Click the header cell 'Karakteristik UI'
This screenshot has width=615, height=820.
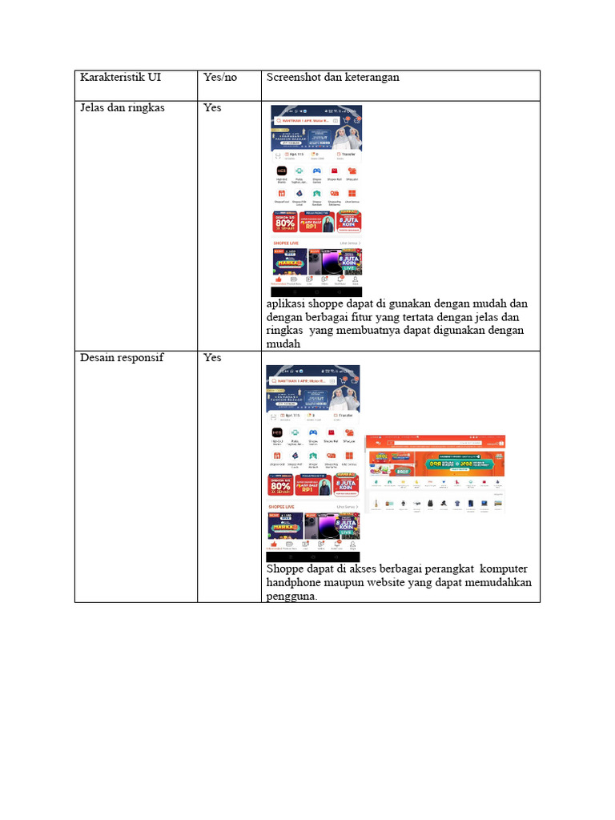pos(120,78)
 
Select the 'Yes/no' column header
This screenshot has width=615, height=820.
pos(220,78)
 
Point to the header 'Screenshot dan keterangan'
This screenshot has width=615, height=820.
pos(333,78)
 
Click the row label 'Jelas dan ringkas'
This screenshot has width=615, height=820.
pos(123,107)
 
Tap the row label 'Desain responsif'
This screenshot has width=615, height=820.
pos(122,357)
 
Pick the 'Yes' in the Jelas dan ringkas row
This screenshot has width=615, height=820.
pos(212,107)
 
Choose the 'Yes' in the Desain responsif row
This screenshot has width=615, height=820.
pos(212,357)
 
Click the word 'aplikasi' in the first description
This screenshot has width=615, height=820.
pos(287,304)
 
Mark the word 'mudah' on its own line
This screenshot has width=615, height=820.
pos(283,344)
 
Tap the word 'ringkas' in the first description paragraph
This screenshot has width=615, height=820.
pos(284,331)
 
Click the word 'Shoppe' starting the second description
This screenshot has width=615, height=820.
pos(285,569)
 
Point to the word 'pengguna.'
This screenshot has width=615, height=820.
pos(291,595)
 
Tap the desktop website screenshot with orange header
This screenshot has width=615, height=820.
pos(436,474)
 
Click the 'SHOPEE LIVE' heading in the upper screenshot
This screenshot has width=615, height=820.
pos(287,242)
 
